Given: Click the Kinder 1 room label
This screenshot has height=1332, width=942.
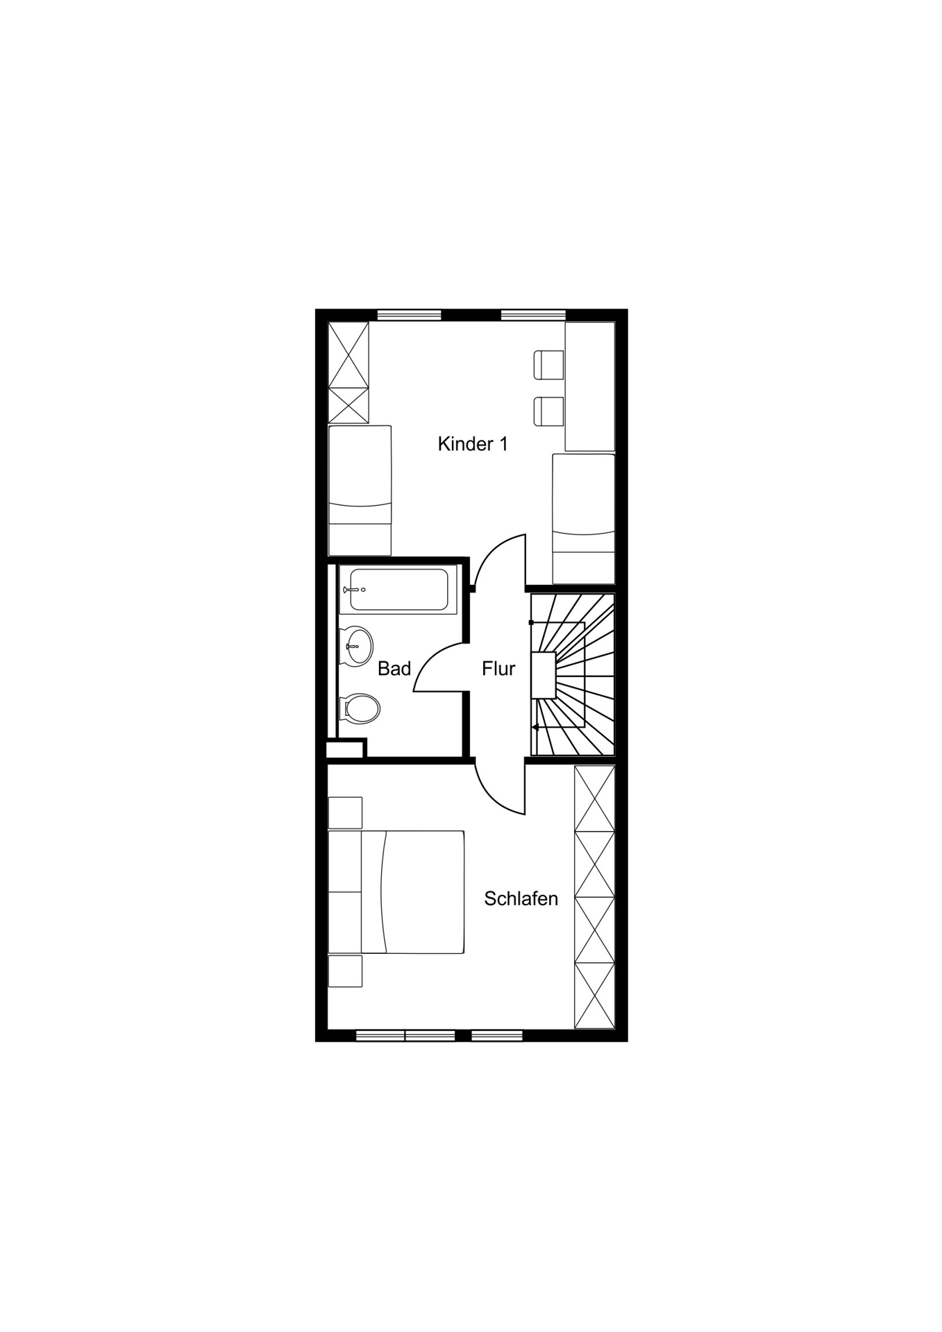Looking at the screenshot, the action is pos(472,444).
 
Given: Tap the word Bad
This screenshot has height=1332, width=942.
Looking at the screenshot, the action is pos(394,669).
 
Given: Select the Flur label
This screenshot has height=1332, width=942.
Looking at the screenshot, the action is pos(498,669).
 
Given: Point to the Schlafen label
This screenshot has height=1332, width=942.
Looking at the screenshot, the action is pos(521,899).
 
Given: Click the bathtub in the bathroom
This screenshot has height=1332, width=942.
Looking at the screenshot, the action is pos(398,590).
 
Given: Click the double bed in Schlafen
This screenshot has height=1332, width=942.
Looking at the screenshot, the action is pos(396,892).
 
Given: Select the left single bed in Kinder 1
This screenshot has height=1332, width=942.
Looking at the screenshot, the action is pos(360,490).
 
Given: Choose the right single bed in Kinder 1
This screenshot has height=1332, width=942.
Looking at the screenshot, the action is pos(584,519).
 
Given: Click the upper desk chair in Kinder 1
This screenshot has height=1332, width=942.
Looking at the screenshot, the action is pos(548,365).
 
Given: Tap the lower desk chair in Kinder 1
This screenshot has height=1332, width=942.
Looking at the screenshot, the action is pos(548,411).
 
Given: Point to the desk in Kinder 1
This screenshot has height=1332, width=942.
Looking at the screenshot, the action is pos(590,386).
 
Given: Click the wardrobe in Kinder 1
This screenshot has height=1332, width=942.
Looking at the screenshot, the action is pos(348,373).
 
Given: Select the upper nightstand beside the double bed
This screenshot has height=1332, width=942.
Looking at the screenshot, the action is pos(345,813).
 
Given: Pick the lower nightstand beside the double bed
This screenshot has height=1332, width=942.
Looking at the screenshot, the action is pos(345,971).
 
